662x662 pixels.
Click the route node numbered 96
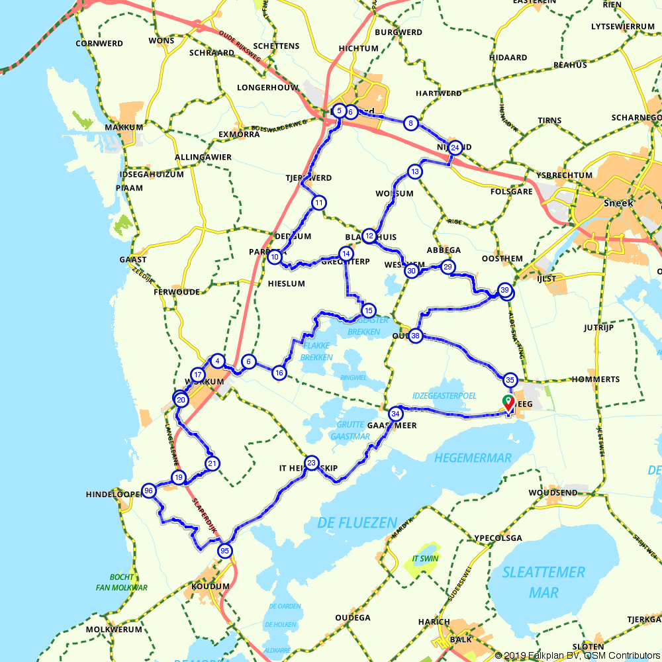(x=149, y=491)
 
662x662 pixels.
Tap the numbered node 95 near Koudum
(x=225, y=551)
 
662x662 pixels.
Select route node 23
(x=312, y=463)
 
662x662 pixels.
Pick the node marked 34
(x=396, y=414)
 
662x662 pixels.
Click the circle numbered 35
(x=510, y=380)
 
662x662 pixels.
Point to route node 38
(x=416, y=336)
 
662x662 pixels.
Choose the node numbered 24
(x=455, y=148)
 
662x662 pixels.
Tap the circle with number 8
(x=411, y=123)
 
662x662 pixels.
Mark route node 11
(x=319, y=203)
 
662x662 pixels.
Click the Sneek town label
(x=618, y=203)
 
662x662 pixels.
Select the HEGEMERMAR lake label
(x=473, y=458)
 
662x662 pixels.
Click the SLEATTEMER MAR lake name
(x=543, y=581)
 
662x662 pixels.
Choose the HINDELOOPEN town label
(x=113, y=495)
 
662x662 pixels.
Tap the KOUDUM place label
(x=210, y=587)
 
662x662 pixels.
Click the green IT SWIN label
(x=425, y=559)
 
